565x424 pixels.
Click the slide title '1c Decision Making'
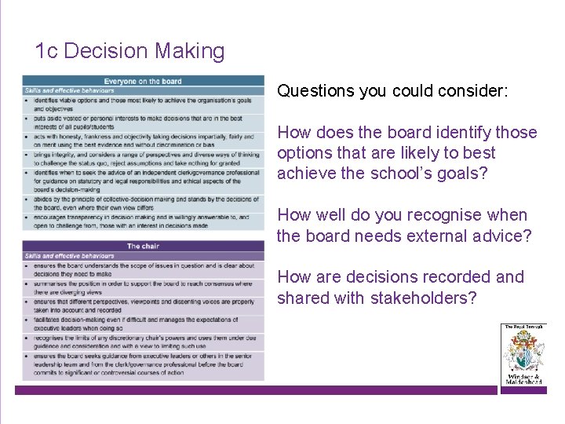(x=129, y=52)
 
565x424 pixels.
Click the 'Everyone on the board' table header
(x=143, y=81)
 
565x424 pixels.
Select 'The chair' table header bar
(x=143, y=247)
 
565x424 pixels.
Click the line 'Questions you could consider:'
(x=392, y=91)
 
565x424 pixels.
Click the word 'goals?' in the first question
(x=463, y=174)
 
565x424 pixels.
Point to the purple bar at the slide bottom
(x=259, y=390)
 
